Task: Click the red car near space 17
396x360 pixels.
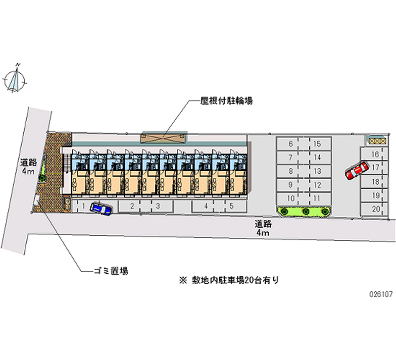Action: (356, 171)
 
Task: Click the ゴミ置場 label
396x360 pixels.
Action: (111, 271)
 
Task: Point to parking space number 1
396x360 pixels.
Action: (85, 206)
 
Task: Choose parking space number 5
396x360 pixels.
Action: (231, 206)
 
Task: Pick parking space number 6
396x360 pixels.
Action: (291, 144)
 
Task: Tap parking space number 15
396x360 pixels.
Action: (317, 144)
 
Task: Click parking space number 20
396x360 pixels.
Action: (376, 209)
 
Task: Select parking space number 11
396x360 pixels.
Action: (317, 198)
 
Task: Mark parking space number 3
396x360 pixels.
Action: (157, 206)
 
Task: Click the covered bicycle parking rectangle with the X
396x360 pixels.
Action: (163, 137)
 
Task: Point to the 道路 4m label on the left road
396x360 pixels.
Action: (28, 166)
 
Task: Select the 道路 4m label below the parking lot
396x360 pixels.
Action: (262, 228)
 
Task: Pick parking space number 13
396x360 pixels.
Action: (317, 171)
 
